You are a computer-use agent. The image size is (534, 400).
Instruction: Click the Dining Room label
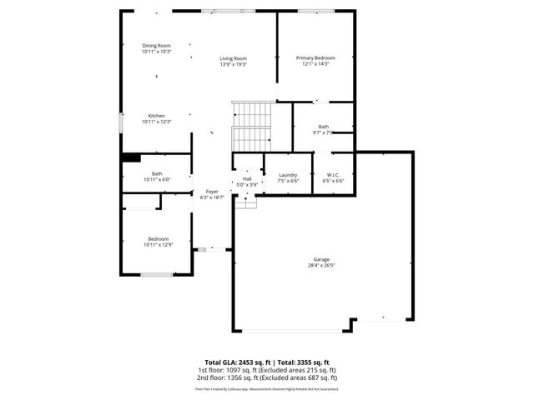[x=156, y=45]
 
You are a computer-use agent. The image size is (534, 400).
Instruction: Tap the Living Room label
[x=234, y=57]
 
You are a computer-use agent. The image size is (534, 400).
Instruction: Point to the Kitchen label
[x=156, y=115]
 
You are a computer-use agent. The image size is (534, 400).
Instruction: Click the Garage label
[x=321, y=260]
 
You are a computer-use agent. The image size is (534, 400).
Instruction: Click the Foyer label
[x=212, y=191]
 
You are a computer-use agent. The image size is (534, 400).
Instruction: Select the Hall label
[x=247, y=178]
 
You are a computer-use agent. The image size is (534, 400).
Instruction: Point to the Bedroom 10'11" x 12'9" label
[x=158, y=238]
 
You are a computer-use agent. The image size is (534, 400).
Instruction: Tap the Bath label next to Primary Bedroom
[x=323, y=127]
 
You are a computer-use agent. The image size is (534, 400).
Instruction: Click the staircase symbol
[x=253, y=125]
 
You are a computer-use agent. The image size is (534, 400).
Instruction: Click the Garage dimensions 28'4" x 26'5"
[x=321, y=266]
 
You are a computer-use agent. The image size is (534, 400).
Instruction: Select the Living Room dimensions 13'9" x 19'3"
[x=234, y=64]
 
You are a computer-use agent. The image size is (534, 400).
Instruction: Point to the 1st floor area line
[x=266, y=369]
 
